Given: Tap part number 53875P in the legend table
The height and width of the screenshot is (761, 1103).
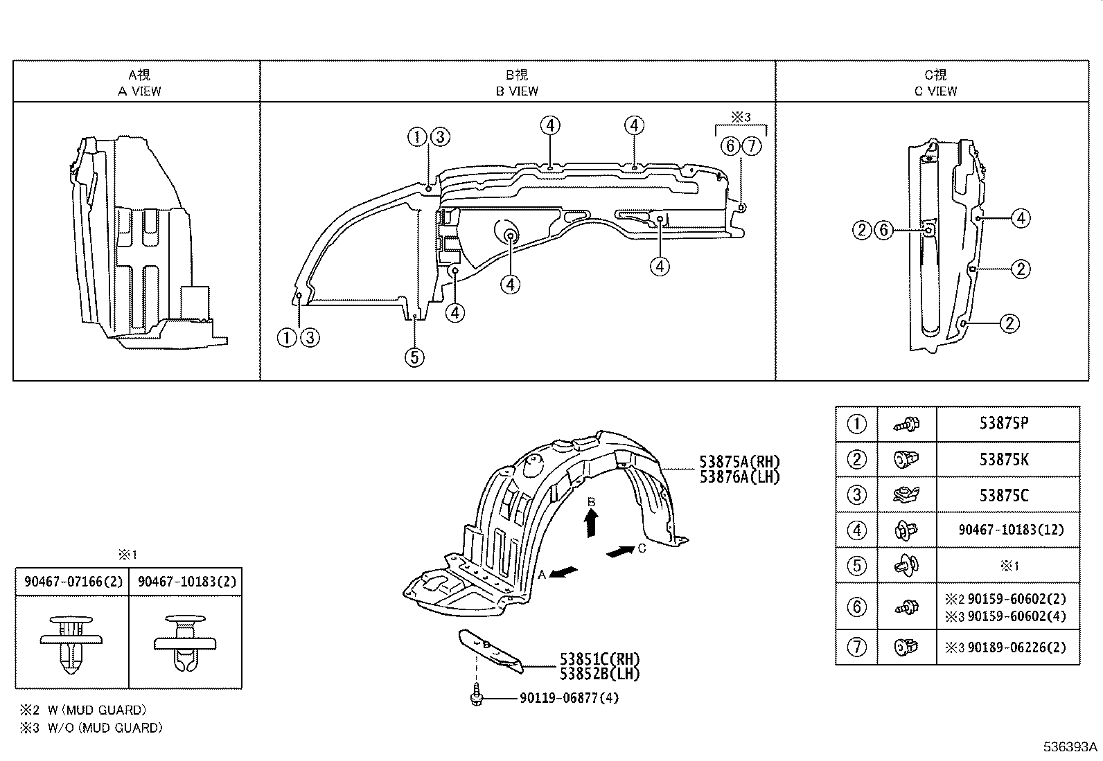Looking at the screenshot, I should click(1003, 423).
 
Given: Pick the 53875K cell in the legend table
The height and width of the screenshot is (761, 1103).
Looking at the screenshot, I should click(1003, 459).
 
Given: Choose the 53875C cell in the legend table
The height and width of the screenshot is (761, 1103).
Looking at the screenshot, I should click(1003, 495).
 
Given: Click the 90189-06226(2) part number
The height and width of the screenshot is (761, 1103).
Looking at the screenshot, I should click(1016, 647).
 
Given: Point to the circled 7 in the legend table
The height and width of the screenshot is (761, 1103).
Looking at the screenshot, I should click(857, 647).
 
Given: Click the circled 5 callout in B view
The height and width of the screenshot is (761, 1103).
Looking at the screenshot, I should click(414, 357).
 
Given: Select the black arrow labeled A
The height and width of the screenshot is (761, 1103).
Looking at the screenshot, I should click(563, 573).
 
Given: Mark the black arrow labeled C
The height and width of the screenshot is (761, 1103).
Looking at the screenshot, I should click(620, 551).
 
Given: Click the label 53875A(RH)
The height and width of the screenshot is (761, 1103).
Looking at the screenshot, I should click(739, 463).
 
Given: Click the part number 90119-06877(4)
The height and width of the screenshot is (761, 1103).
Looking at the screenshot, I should click(569, 698).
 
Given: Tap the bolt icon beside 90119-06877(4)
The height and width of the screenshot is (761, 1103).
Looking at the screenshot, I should click(476, 695).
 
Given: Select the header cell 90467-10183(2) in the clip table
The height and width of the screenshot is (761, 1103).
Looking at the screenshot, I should click(186, 582).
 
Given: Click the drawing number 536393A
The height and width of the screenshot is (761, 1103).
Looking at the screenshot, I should click(1070, 747).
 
